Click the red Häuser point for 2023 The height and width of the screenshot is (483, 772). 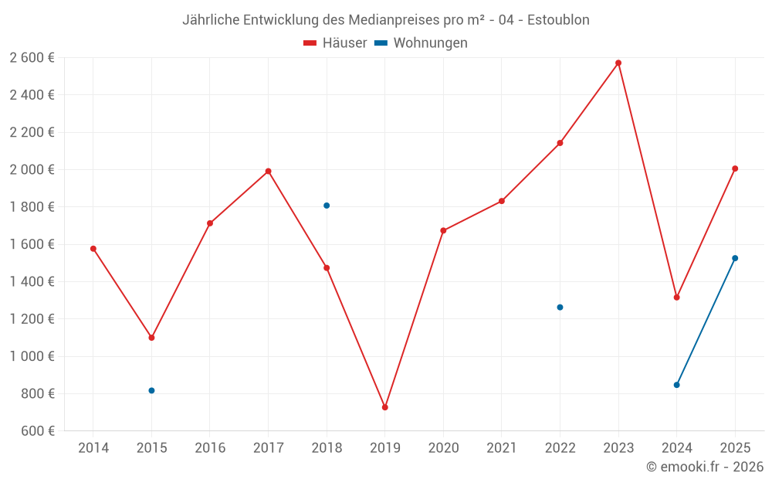(618, 63)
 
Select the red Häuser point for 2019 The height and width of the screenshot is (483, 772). (385, 407)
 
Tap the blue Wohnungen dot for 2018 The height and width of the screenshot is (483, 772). (327, 206)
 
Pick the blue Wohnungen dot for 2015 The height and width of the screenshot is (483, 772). (151, 391)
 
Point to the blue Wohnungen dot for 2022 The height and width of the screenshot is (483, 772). (560, 308)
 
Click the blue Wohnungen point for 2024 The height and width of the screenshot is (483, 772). (676, 385)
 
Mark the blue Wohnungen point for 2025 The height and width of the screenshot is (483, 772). (735, 258)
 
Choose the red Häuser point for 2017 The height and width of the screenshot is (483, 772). (269, 172)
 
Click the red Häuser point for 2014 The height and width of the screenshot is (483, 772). (93, 249)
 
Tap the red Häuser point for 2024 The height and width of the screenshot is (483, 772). (676, 298)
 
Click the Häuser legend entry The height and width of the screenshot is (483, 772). (335, 43)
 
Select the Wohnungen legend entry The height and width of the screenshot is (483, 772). (421, 43)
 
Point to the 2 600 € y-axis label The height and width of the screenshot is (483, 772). (32, 58)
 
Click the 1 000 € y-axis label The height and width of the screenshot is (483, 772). (32, 356)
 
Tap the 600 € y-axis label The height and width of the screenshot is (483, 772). (38, 431)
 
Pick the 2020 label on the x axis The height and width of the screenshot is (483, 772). (443, 448)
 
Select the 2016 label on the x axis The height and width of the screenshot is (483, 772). (210, 448)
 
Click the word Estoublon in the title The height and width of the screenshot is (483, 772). (558, 20)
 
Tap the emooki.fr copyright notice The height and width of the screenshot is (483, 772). (705, 467)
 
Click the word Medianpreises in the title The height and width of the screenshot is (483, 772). (387, 20)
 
